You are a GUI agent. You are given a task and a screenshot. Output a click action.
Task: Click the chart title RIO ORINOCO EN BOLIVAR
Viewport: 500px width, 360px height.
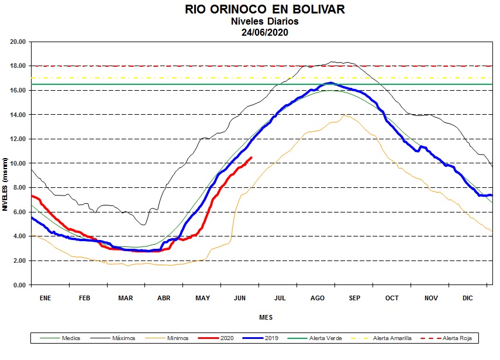(265, 10)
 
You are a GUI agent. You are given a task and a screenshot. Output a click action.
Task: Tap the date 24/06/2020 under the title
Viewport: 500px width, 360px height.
(265, 32)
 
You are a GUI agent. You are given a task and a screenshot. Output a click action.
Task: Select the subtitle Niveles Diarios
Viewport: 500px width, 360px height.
(265, 22)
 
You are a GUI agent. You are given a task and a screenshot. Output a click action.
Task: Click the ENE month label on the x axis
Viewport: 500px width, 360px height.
(45, 298)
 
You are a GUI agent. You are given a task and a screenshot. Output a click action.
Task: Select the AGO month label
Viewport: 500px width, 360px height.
(317, 298)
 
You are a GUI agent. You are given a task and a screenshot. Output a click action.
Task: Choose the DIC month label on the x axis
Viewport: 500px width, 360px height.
(468, 298)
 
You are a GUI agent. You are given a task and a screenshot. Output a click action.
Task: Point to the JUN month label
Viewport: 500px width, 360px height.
(240, 298)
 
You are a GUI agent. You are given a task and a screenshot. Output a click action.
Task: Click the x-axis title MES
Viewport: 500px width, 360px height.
(265, 318)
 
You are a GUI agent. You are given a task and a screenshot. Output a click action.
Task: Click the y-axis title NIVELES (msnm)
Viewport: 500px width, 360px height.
(5, 184)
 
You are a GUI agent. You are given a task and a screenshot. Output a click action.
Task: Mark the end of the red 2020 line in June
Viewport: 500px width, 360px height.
(251, 157)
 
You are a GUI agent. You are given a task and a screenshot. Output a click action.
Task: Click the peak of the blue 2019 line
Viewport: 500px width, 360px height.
(330, 83)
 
